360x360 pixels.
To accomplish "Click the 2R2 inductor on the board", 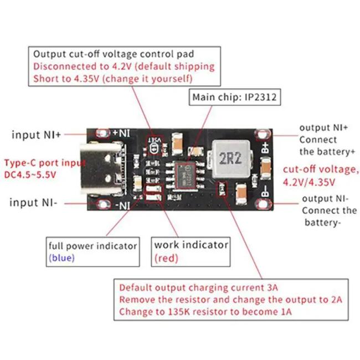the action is [x=230, y=160].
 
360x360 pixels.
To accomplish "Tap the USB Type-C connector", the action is [x=102, y=169].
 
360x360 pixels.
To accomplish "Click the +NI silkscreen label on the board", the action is [x=121, y=133].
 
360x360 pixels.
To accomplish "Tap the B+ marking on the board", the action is [x=265, y=147].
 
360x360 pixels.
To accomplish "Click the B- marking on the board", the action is [x=265, y=191].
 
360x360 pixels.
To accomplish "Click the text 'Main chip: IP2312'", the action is [x=234, y=97].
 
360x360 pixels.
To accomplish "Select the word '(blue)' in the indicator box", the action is [x=62, y=258].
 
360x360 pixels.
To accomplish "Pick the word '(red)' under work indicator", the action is [x=166, y=258].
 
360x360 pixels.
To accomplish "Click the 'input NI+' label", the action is [x=36, y=135].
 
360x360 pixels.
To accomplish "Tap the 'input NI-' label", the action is [x=33, y=203].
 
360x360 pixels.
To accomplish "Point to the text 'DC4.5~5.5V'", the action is [x=30, y=175].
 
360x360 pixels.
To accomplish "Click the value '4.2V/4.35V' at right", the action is [x=309, y=182].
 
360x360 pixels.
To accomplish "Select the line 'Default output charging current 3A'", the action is [x=199, y=287].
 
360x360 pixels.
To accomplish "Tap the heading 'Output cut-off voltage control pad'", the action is [x=114, y=54].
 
